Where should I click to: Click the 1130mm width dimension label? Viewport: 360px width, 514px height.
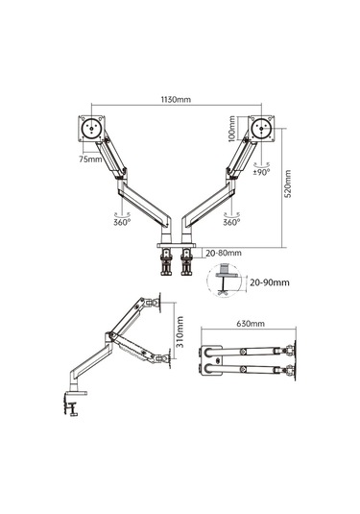(x=176, y=99)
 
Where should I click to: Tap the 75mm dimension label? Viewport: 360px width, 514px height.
(x=90, y=159)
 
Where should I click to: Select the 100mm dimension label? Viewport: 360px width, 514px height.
(x=232, y=129)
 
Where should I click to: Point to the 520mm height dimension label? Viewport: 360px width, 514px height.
(x=287, y=184)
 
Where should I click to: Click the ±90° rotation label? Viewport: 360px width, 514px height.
(x=261, y=172)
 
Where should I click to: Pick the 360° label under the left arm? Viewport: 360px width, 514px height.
(x=122, y=222)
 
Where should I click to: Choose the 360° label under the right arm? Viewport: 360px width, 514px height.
(x=231, y=222)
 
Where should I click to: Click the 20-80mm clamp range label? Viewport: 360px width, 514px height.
(x=224, y=253)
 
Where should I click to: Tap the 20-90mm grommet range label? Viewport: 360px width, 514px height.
(x=270, y=282)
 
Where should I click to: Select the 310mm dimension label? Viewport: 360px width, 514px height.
(x=180, y=331)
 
